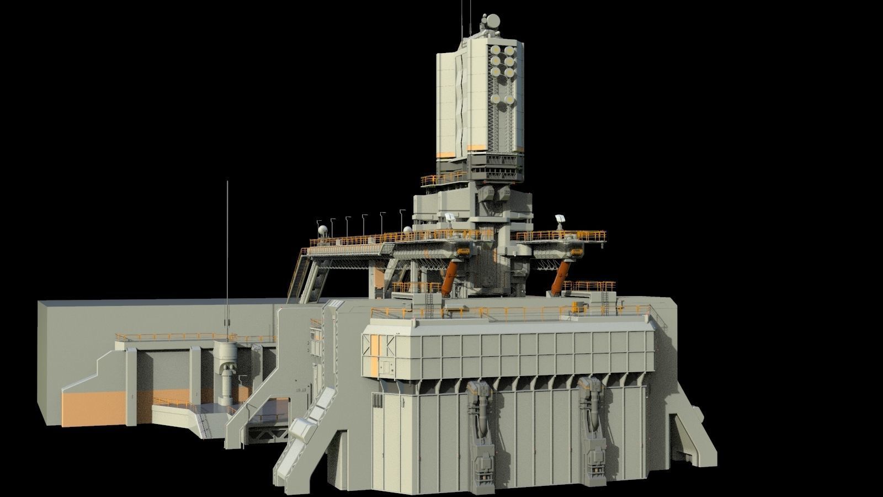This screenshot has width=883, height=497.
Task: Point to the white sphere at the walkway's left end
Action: [x=320, y=230]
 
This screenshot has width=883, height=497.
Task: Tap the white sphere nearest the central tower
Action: [x=407, y=230]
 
